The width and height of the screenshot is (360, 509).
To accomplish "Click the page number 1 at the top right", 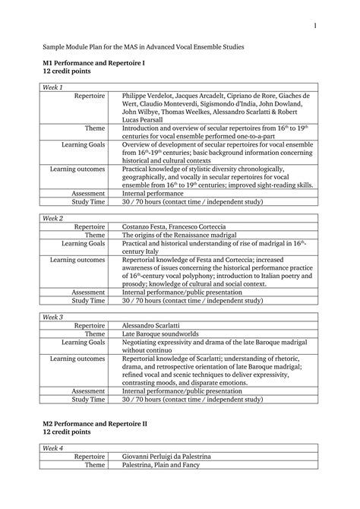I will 312,27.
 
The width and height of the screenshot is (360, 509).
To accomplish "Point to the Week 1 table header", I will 54,87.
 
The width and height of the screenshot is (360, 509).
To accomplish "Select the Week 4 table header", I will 54,447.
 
